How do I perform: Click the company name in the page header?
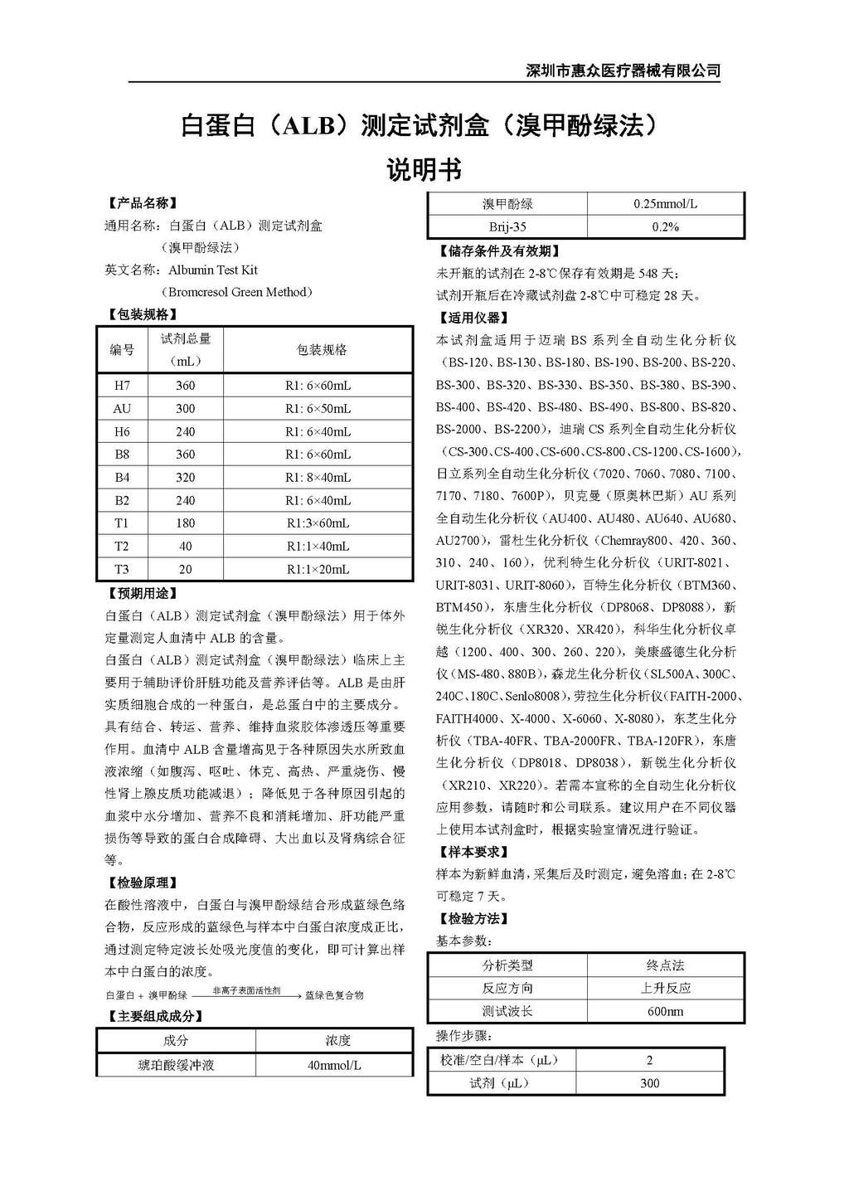coord(623,71)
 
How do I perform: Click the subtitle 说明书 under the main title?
coord(424,170)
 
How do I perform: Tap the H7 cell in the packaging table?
coord(122,386)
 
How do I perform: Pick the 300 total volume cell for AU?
coord(186,409)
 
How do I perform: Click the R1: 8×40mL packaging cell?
coord(318,478)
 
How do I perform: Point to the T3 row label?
coord(122,569)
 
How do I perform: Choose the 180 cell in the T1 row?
coord(186,523)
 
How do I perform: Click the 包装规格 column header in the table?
coord(322,350)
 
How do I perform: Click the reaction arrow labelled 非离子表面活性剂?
coord(246,994)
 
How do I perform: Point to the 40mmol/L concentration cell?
coord(334,1065)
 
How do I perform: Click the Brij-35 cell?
coord(507,226)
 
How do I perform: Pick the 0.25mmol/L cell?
coord(665,204)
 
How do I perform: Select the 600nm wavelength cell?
coord(665,1012)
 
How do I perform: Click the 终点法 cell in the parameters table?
coord(665,965)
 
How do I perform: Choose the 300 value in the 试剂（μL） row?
coord(650,1083)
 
